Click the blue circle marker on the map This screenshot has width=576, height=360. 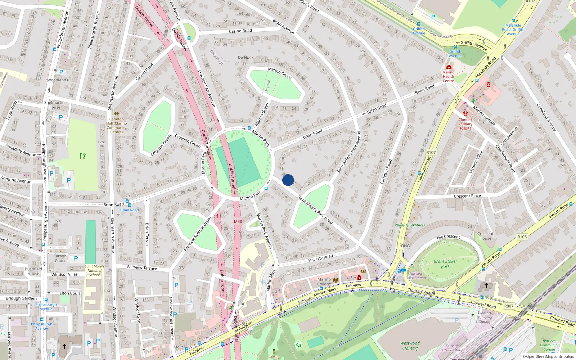point(288,180)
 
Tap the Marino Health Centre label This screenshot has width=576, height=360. point(448,76)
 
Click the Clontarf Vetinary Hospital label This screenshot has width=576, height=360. point(465,124)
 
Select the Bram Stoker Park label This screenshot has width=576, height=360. point(445,264)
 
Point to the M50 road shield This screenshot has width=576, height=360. point(238,221)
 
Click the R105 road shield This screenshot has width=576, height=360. point(522,237)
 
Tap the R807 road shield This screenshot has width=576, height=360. point(509,306)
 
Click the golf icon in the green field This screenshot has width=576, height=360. point(83,156)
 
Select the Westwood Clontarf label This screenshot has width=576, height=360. point(410,346)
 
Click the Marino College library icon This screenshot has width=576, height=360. point(336,280)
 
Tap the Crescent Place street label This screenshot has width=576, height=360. point(467,196)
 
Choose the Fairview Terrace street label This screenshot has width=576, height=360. point(142,267)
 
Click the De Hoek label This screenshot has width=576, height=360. point(246,58)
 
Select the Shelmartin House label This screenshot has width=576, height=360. point(54,105)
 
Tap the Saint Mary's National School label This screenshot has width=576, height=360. point(94,271)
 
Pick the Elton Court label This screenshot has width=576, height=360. point(70,293)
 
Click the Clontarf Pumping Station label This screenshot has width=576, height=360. point(485,317)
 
